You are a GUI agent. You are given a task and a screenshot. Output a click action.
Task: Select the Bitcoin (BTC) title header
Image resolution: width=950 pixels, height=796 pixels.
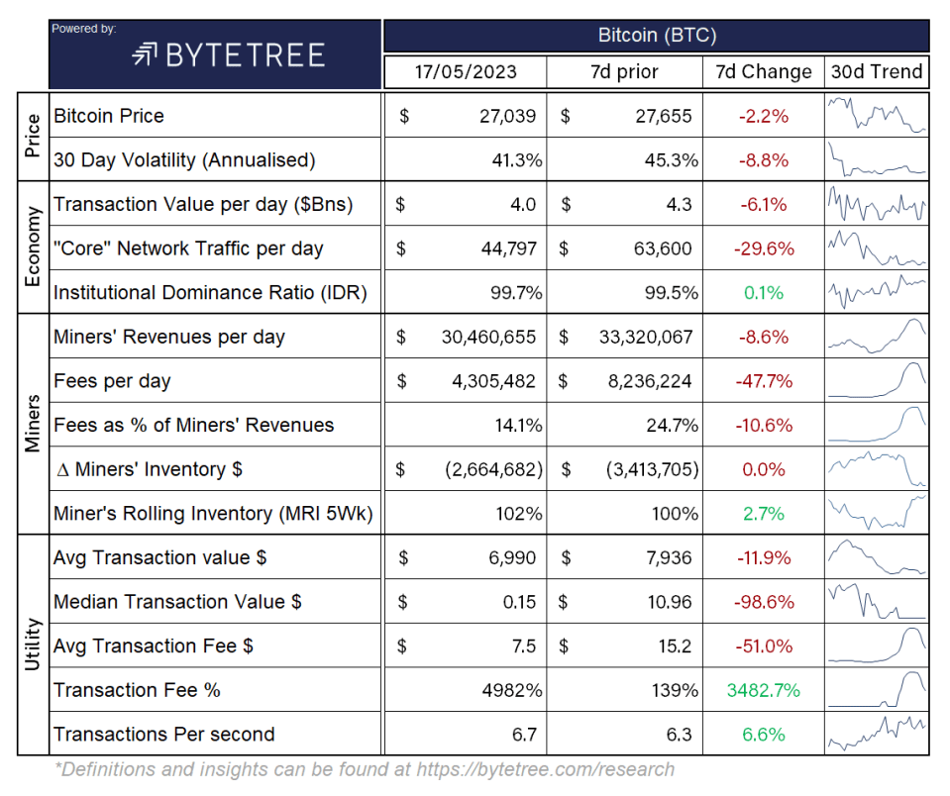point(657,36)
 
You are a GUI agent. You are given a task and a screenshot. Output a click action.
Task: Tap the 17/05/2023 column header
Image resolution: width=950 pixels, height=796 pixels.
point(465,71)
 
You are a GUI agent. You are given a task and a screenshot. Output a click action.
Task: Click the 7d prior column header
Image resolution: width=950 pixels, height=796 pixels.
point(624,71)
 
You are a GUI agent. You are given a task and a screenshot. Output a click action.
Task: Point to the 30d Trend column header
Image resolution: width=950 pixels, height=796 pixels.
point(877,71)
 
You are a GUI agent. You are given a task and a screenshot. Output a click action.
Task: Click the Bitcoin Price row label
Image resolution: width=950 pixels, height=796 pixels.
point(109,116)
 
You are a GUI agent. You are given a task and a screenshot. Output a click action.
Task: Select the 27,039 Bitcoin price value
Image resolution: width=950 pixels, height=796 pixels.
point(504,116)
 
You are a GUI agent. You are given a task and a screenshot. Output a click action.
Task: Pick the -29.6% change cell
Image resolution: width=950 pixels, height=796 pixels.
point(763,249)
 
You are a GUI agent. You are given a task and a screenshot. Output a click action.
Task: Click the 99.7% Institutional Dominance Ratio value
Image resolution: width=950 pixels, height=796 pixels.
point(510,293)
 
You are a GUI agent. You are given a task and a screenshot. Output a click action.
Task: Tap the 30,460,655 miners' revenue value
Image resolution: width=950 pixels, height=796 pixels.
point(489,337)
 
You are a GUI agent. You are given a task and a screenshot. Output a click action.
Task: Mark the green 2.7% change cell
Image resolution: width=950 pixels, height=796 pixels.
point(763,514)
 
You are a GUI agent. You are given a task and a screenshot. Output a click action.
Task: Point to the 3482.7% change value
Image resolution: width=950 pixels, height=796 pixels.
point(763,690)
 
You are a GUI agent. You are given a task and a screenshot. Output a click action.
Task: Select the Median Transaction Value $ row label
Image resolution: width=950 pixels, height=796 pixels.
point(178,602)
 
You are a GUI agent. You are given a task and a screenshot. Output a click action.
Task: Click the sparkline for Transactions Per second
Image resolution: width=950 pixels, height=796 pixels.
point(877,734)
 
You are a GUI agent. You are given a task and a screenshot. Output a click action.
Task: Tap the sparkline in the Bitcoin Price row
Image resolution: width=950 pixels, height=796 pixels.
point(877,116)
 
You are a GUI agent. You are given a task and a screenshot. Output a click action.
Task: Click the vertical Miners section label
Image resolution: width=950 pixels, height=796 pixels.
point(32,425)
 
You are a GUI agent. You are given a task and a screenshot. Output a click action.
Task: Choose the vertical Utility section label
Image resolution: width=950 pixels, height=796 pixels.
point(32,645)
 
